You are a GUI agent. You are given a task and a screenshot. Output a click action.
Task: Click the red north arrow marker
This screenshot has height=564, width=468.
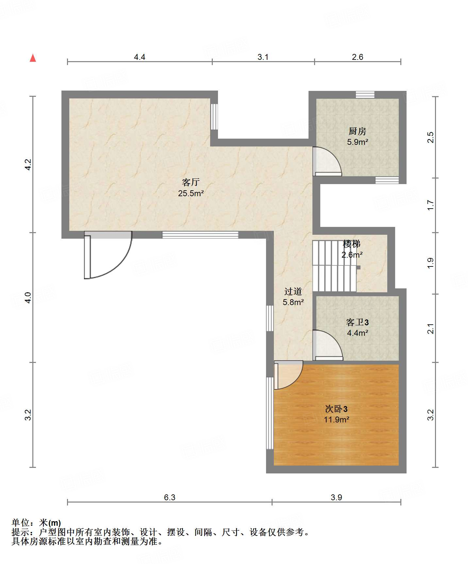coord(33,58)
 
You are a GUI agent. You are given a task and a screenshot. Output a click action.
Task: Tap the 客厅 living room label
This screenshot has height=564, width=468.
coord(191,182)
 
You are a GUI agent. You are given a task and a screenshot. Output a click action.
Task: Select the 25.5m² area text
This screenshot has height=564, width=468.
coord(191,193)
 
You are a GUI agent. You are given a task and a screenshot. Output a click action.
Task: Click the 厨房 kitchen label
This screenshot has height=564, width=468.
coord(357,131)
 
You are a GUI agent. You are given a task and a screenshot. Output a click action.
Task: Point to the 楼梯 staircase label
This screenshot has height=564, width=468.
coord(351,244)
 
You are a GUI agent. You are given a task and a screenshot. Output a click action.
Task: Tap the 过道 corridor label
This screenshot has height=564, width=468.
coord(293,291)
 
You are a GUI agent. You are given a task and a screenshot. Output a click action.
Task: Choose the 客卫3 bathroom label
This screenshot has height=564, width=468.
coord(357,322)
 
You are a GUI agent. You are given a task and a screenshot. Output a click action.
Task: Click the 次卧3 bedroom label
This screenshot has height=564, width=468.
coord(336,409)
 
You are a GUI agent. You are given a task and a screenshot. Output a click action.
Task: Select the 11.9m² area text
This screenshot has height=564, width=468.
coord(336,419)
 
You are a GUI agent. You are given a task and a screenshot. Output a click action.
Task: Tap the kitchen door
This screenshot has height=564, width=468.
coord(327,162)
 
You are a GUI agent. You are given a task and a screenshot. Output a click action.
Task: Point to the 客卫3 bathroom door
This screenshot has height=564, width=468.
coord(327,345)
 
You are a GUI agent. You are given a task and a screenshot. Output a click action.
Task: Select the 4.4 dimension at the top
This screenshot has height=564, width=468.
coord(140,57)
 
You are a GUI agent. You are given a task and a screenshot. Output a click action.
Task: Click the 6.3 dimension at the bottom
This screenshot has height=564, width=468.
coord(170,497)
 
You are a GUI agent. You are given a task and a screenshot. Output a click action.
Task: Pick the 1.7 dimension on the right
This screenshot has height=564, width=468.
coord(430,205)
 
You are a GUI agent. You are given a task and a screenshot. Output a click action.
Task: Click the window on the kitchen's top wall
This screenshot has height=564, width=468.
coord(365,94)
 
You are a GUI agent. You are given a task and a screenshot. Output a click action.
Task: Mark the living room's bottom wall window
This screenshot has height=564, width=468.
coord(200,234)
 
